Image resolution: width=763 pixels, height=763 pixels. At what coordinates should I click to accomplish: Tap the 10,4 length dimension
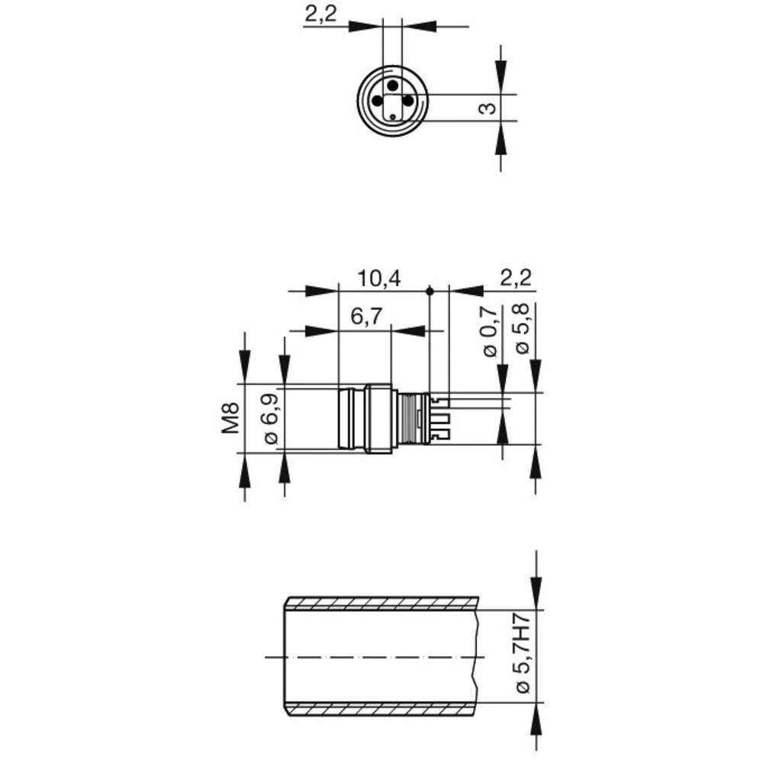379,278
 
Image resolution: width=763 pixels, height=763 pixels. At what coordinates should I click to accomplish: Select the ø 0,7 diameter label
490,331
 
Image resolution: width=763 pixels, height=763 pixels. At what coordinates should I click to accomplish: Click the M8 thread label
231,419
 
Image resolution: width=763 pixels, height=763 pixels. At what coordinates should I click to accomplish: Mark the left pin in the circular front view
376,100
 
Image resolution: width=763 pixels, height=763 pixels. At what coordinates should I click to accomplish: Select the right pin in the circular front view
408,100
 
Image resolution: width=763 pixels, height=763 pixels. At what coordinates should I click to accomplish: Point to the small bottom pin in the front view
392,116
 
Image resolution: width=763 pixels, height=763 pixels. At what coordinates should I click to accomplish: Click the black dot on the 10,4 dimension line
430,291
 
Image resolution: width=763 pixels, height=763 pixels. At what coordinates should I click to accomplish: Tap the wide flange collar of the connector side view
379,419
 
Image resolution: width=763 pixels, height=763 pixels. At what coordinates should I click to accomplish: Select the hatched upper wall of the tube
381,604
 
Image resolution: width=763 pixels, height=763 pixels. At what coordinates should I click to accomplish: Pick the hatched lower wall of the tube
381,709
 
